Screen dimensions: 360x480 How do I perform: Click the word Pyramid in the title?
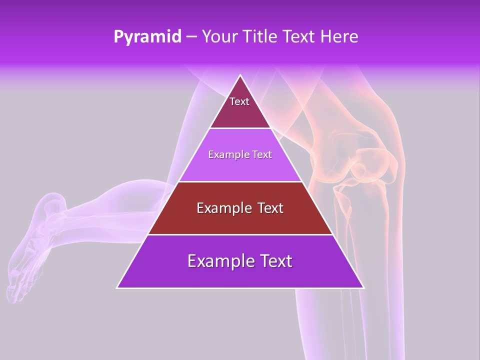point(147,37)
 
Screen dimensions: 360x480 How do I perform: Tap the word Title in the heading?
point(262,36)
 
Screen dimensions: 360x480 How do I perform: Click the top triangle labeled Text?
point(240,107)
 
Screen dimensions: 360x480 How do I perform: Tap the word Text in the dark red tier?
point(267,208)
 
